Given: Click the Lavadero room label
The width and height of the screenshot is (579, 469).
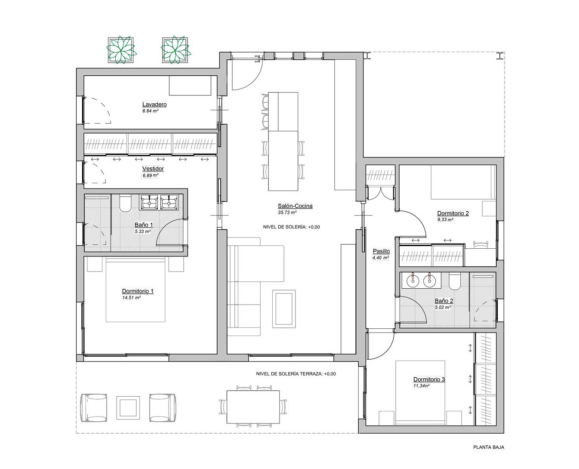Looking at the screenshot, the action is click(x=154, y=104).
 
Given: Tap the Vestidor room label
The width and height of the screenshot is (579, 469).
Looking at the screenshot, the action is click(x=153, y=169).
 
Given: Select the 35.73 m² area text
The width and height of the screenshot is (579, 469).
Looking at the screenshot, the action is click(x=287, y=213).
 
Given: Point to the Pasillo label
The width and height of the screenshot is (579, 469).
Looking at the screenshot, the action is click(x=381, y=251).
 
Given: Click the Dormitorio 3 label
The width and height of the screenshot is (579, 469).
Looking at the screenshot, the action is click(x=429, y=379).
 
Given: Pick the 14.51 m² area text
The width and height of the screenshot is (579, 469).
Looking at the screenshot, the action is click(x=131, y=298).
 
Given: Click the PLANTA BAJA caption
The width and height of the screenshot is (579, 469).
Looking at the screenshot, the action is click(x=489, y=447).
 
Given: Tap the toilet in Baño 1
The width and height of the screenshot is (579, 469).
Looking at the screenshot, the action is click(x=125, y=203).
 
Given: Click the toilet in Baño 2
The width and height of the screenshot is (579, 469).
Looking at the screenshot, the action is click(x=455, y=281).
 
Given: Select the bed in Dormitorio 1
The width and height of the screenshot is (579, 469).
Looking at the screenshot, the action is click(x=136, y=290).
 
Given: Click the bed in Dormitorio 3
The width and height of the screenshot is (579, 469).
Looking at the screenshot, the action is click(x=420, y=393).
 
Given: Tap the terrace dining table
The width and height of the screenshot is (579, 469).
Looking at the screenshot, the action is click(x=253, y=407).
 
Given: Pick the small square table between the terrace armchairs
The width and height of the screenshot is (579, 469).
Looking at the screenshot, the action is click(x=128, y=407).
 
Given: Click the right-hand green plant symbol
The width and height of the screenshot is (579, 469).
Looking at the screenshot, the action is click(x=176, y=50).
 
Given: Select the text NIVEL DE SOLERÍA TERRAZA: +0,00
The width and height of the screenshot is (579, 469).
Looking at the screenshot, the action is click(x=296, y=374).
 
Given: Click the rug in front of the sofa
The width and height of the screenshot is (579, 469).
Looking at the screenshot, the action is click(x=284, y=309).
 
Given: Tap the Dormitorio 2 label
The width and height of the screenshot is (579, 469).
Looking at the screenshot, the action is click(x=453, y=213).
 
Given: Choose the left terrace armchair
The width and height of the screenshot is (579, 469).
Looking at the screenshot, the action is click(x=94, y=408).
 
